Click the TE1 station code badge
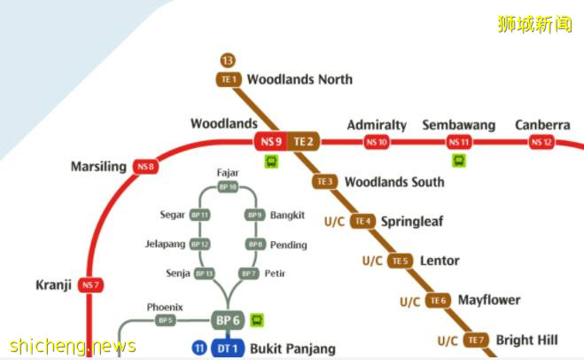(x=229, y=80)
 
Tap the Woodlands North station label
(x=300, y=79)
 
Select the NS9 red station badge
(x=271, y=141)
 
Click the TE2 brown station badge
(x=304, y=141)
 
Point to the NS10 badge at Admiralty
(x=377, y=142)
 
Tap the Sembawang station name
(x=458, y=125)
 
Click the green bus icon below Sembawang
(x=459, y=160)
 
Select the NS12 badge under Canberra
(x=541, y=142)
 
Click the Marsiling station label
(x=98, y=167)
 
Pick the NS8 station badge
(x=145, y=167)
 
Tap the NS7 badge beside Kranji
(x=90, y=285)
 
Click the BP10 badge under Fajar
(x=228, y=187)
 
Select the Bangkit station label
(x=287, y=215)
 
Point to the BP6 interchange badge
(x=228, y=320)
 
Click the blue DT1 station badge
(x=228, y=348)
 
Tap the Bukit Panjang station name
(x=292, y=348)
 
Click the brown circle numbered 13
(x=229, y=60)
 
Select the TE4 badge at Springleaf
(x=362, y=221)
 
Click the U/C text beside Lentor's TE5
(x=372, y=261)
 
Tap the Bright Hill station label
(x=526, y=340)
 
